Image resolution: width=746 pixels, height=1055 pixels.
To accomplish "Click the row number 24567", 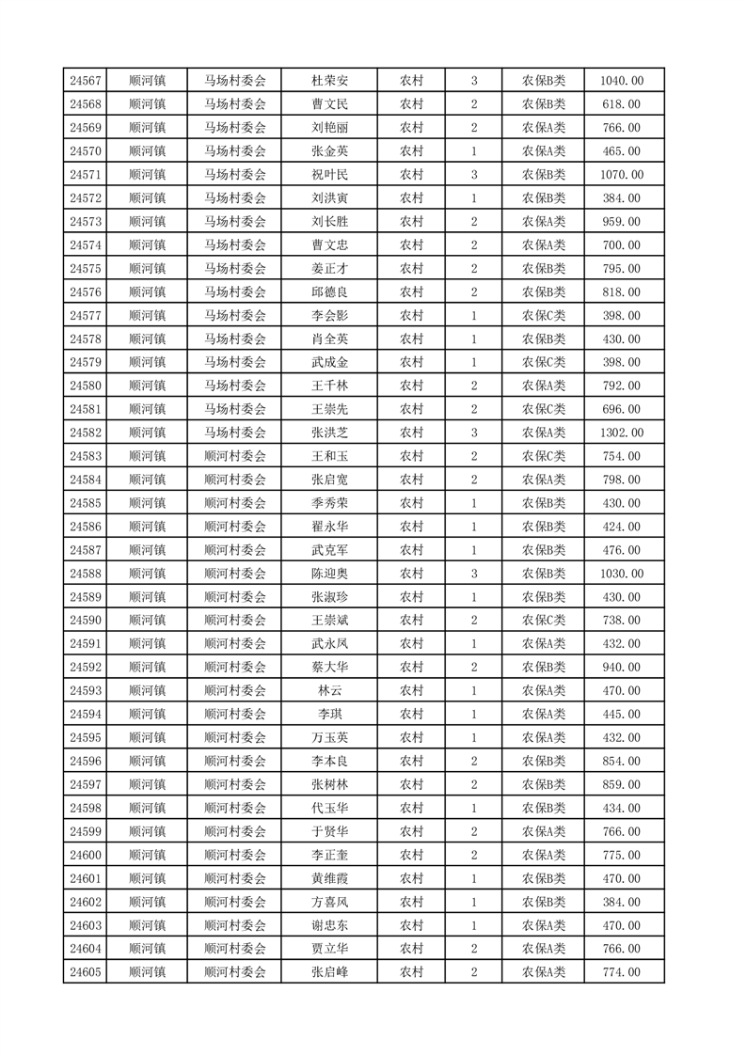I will tap(86, 81).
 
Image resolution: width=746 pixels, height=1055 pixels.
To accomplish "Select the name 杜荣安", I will tap(329, 81).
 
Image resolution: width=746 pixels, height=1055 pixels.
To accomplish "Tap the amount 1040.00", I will tap(621, 81).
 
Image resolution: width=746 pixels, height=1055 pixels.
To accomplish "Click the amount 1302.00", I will tap(621, 433).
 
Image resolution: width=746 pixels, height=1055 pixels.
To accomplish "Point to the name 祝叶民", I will tap(329, 175).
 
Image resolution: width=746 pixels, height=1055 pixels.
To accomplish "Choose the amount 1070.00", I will tap(621, 175).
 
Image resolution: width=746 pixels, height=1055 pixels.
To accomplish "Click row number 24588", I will tap(86, 574).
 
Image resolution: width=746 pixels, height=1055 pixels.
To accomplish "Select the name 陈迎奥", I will tap(329, 574).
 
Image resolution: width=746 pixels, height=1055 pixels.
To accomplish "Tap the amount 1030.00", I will tap(621, 574).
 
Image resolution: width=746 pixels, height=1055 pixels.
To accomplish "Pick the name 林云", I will tap(329, 690).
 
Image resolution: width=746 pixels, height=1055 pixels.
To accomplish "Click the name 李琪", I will tap(329, 714).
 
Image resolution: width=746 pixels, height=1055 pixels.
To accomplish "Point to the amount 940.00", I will tap(621, 667).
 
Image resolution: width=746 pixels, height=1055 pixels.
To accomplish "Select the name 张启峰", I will tap(329, 972).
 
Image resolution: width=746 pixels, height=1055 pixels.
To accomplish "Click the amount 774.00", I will tap(621, 972).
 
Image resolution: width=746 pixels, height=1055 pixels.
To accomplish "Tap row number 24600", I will tap(86, 855).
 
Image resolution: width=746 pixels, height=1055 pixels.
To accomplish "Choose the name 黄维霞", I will tap(329, 878).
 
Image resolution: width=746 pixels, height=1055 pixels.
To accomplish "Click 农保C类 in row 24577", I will tap(544, 316).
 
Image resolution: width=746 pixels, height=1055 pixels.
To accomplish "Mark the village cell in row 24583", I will tap(235, 456).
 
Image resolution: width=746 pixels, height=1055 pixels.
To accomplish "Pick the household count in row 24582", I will tap(473, 433).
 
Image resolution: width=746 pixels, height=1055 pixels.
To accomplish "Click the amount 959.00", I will tap(621, 222).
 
